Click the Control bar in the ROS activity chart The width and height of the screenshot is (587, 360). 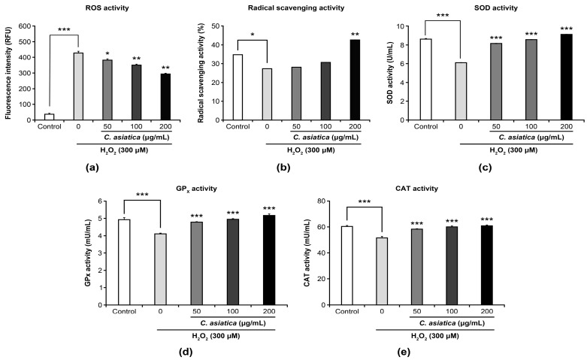tap(49, 116)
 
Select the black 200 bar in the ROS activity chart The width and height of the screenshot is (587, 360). tap(165, 97)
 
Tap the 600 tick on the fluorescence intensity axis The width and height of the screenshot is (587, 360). tap(26, 26)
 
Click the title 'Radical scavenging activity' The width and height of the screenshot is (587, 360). tap(295, 8)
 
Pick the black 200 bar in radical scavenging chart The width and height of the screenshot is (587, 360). tap(355, 80)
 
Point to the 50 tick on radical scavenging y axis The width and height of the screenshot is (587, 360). tap(215, 26)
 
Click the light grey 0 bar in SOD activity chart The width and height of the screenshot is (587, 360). tap(461, 91)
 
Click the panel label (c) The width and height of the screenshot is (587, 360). tap(486, 168)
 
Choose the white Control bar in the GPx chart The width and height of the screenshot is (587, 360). tap(124, 262)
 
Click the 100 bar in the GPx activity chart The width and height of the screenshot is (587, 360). tap(233, 262)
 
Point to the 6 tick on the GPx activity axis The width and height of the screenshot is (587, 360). tap(99, 201)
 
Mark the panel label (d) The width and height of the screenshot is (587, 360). tap(186, 352)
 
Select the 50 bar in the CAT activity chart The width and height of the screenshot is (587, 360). tap(416, 267)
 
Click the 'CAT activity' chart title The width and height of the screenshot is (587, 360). tap(416, 189)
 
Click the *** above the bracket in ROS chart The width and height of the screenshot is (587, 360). tap(64, 29)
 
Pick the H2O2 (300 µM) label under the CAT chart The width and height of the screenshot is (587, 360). tap(435, 336)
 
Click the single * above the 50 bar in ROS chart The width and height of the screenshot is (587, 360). tap(107, 53)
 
